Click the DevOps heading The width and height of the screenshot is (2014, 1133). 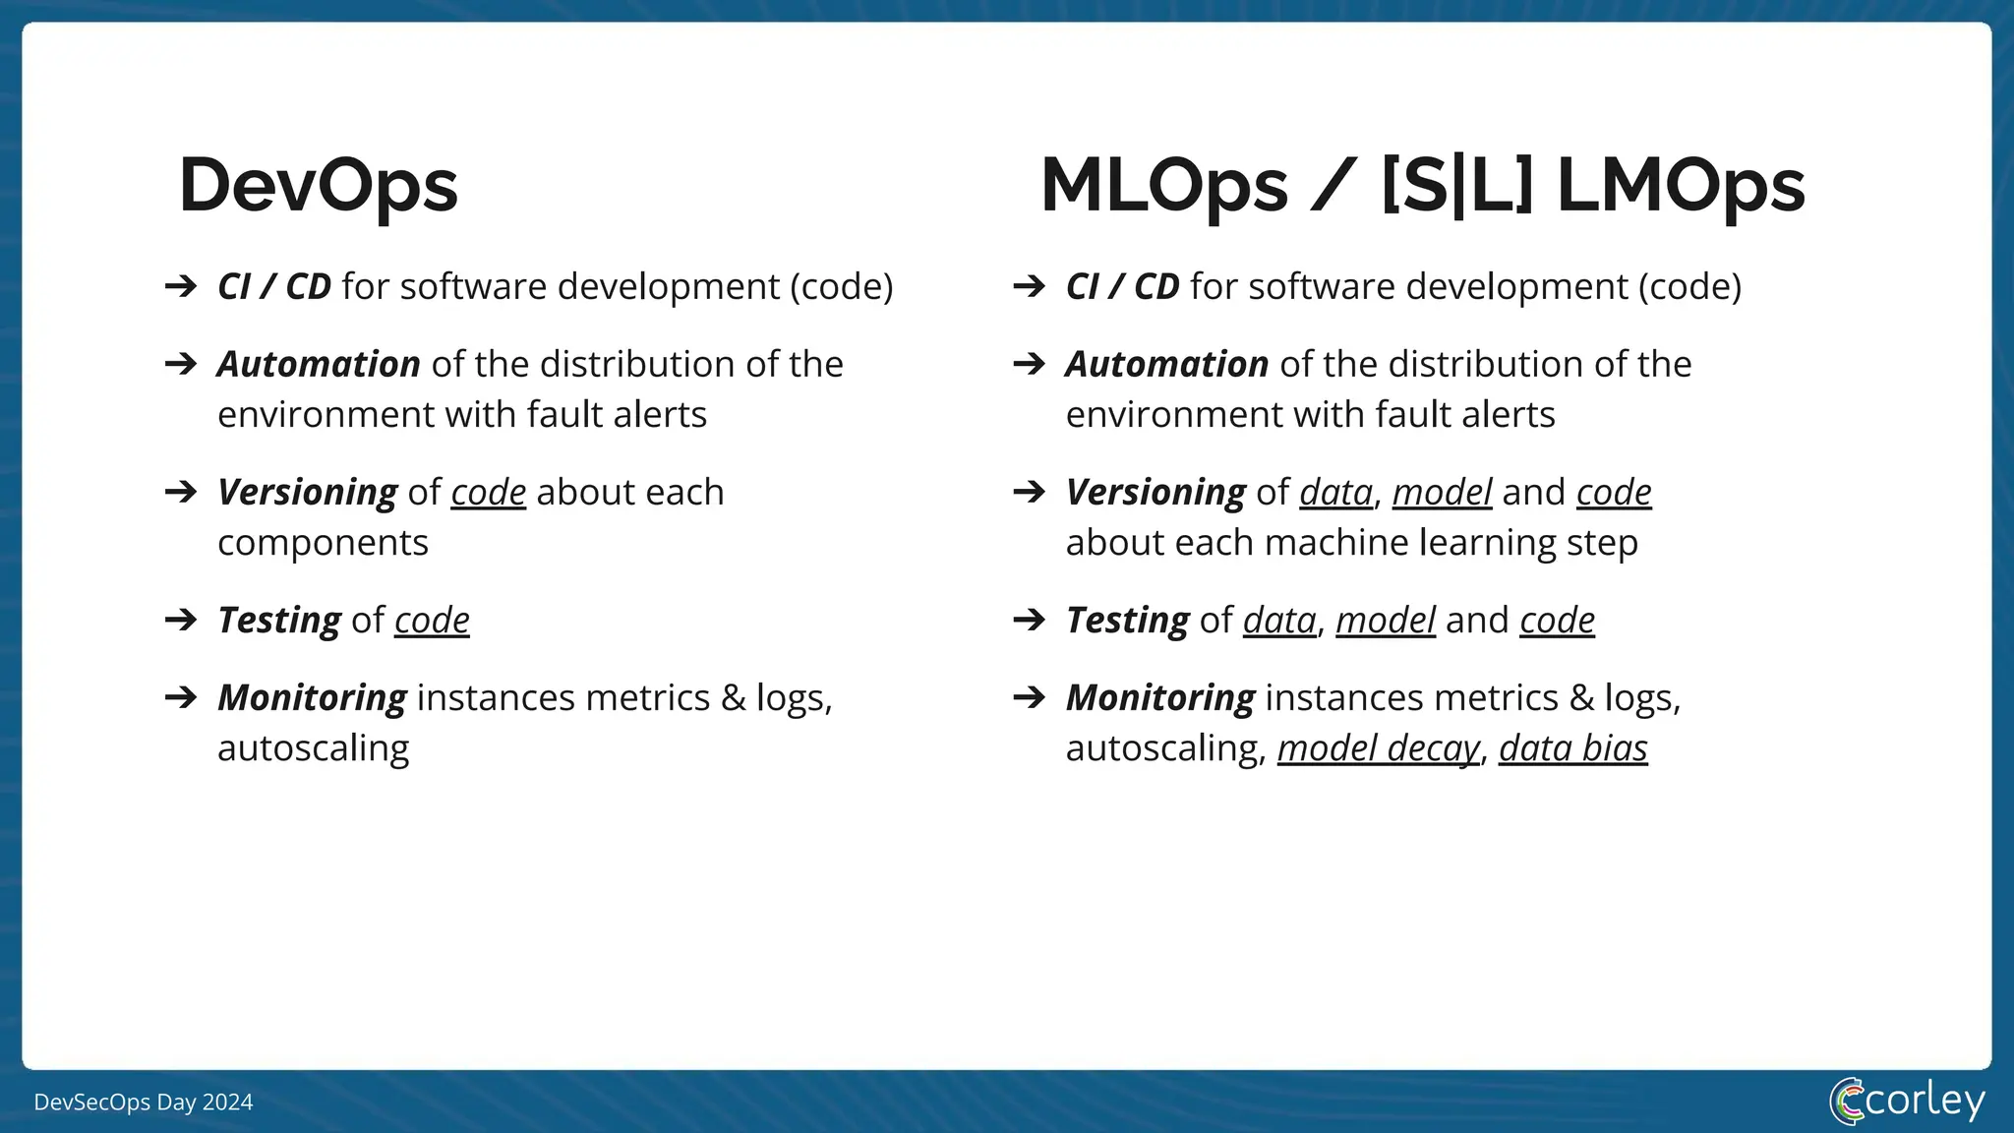318,186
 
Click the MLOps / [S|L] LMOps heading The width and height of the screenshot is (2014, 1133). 1422,186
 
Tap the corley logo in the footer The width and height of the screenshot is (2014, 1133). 1907,1101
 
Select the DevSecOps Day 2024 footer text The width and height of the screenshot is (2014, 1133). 144,1103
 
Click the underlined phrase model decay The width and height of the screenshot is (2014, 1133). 1378,749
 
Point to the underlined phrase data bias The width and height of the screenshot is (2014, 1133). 1572,749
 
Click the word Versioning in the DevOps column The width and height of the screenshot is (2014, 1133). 307,492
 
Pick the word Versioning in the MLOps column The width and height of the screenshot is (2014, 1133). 1155,492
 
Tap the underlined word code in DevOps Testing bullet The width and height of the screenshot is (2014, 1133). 432,621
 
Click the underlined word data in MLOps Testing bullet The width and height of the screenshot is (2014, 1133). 1279,621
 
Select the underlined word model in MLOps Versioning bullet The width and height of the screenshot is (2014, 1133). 1442,492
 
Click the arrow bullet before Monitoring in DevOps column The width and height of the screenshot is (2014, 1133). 181,698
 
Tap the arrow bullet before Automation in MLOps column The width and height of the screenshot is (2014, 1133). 1030,365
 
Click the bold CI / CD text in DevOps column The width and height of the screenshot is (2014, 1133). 273,287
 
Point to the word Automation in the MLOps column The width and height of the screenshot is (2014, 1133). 1167,365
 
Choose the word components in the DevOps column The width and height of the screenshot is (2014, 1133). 323,543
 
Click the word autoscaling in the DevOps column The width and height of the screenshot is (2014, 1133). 313,748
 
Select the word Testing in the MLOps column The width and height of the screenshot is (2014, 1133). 1127,621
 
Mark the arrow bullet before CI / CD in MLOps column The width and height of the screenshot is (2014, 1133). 1030,287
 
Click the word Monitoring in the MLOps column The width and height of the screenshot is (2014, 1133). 1160,698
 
